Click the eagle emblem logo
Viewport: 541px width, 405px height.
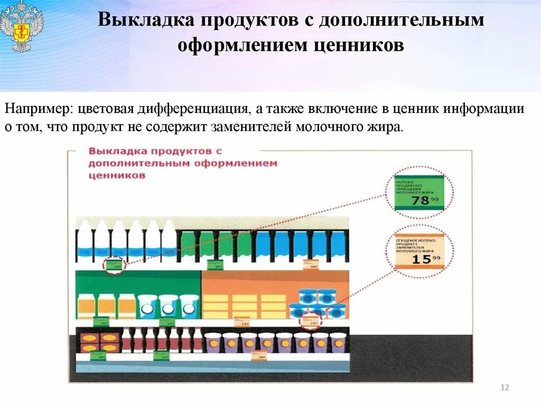22,26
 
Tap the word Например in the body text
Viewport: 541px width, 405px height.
38,109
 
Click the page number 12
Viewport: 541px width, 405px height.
504,388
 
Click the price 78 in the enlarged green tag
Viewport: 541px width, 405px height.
421,201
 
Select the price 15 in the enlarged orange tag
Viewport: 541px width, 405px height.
421,259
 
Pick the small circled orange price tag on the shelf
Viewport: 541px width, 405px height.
314,322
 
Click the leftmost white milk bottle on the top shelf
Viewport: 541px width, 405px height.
85,240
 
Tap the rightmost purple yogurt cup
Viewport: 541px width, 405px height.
338,342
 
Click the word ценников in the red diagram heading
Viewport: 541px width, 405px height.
117,176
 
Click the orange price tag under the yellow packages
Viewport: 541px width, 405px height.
242,322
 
